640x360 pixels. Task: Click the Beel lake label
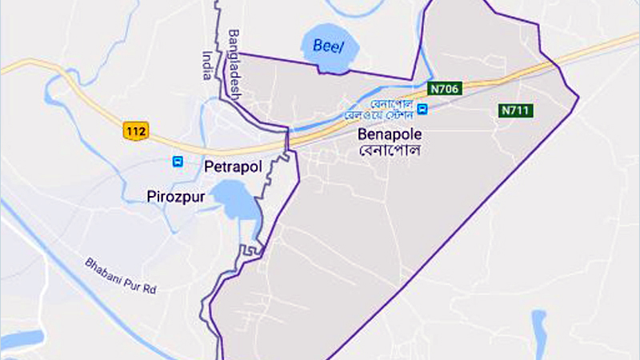click(x=328, y=46)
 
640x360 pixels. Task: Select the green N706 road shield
click(x=442, y=89)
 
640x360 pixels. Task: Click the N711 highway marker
click(x=516, y=110)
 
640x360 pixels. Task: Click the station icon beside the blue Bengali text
click(x=422, y=110)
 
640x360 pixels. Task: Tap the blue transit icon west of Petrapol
click(x=178, y=162)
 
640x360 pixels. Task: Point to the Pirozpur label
click(x=176, y=194)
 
